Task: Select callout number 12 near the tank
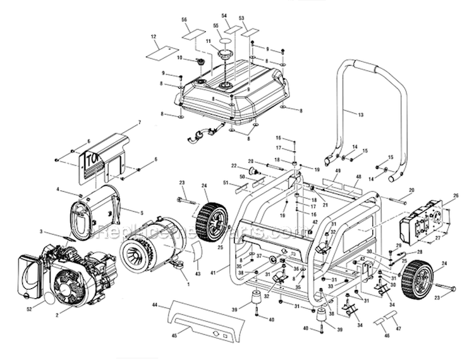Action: [154, 37]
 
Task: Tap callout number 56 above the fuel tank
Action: [185, 20]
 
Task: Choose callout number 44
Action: [155, 305]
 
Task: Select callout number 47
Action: [399, 328]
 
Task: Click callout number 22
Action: [233, 165]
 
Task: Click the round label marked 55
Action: [225, 42]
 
